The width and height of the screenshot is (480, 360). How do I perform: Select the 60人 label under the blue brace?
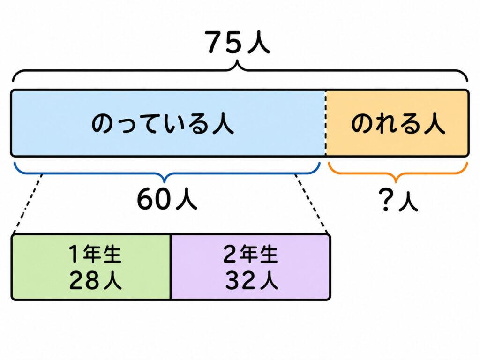coord(167,199)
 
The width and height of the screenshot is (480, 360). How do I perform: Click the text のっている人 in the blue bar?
coord(163,124)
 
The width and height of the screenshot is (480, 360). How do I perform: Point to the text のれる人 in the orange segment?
coord(398,124)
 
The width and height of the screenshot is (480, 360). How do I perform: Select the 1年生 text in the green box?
coord(95,254)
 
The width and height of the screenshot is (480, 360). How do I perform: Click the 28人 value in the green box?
coord(96,280)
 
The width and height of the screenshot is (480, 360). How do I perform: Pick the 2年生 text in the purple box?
coord(251,254)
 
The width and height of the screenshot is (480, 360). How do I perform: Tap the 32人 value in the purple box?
coord(252,280)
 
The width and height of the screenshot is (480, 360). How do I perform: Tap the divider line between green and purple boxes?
coord(171,267)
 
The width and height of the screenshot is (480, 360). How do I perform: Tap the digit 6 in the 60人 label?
coord(146,199)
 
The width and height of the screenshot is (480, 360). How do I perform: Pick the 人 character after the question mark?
coord(408,201)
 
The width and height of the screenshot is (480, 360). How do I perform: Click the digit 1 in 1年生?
coord(74,254)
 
